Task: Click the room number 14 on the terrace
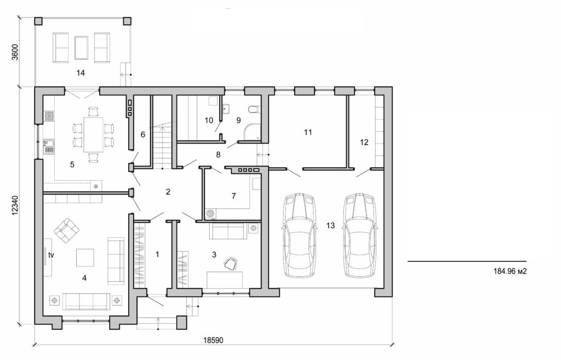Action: click(82, 72)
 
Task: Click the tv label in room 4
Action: click(51, 255)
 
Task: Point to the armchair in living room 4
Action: click(66, 231)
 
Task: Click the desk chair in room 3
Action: click(230, 264)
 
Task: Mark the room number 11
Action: click(307, 132)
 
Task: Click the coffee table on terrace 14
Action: click(82, 47)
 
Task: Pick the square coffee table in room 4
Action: click(85, 257)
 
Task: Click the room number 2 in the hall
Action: click(168, 192)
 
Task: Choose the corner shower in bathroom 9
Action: click(251, 130)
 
